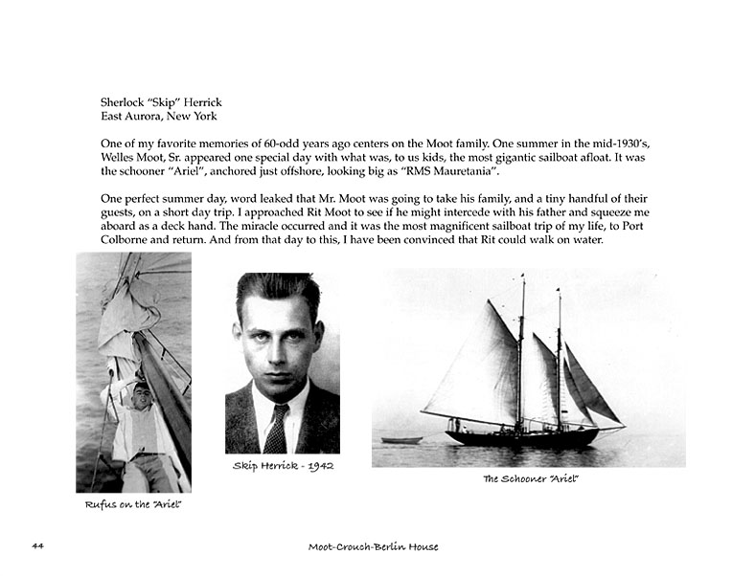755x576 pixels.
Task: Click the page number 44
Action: pyautogui.click(x=37, y=546)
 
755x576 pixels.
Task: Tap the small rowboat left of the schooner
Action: pyautogui.click(x=401, y=440)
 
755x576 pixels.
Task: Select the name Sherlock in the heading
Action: pyautogui.click(x=126, y=102)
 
